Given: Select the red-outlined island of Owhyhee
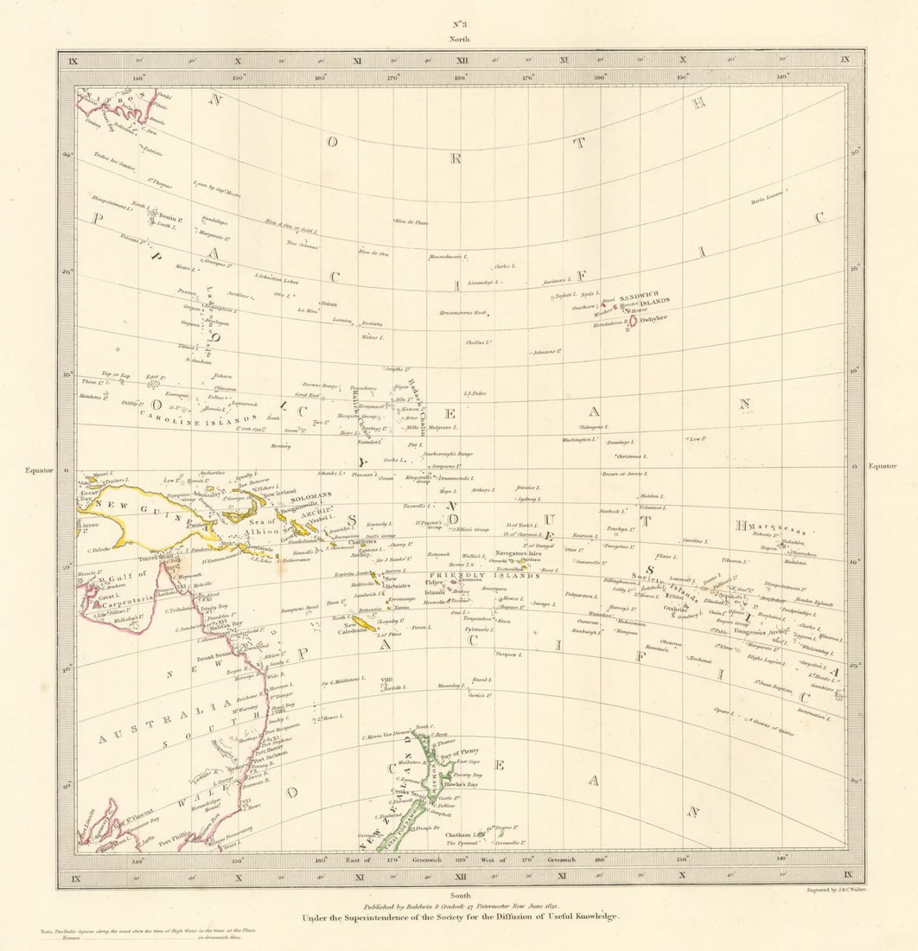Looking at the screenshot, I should pos(634,320).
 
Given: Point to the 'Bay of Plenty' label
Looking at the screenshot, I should pos(457,750).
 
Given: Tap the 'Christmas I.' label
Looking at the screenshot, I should pos(630,456).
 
